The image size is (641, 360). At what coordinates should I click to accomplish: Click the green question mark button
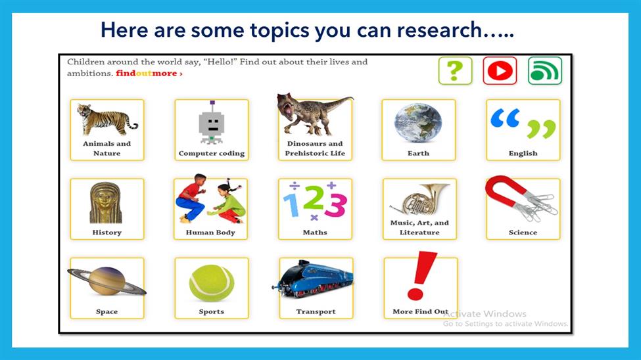click(x=455, y=71)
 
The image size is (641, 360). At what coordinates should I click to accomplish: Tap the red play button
click(x=500, y=71)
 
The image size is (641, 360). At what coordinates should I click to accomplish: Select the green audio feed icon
click(x=545, y=71)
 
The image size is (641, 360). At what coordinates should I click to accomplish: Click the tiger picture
click(x=107, y=119)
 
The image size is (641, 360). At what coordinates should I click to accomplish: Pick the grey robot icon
click(x=211, y=123)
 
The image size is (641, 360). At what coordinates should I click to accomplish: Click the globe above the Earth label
click(x=418, y=123)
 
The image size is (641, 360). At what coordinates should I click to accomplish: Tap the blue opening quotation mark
click(x=506, y=118)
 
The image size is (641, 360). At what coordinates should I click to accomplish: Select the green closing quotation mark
click(x=541, y=129)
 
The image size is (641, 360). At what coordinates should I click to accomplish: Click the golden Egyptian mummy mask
click(x=106, y=203)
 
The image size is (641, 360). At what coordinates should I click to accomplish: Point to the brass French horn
click(x=419, y=200)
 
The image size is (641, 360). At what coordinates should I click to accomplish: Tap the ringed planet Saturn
click(x=107, y=281)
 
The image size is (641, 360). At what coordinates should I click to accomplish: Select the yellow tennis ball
click(x=211, y=283)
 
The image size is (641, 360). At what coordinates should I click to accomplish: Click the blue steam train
click(x=313, y=279)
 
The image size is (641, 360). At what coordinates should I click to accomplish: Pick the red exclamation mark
click(x=421, y=276)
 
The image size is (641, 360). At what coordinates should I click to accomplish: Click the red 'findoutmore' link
click(x=149, y=74)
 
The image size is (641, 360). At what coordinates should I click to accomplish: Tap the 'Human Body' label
click(x=210, y=233)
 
